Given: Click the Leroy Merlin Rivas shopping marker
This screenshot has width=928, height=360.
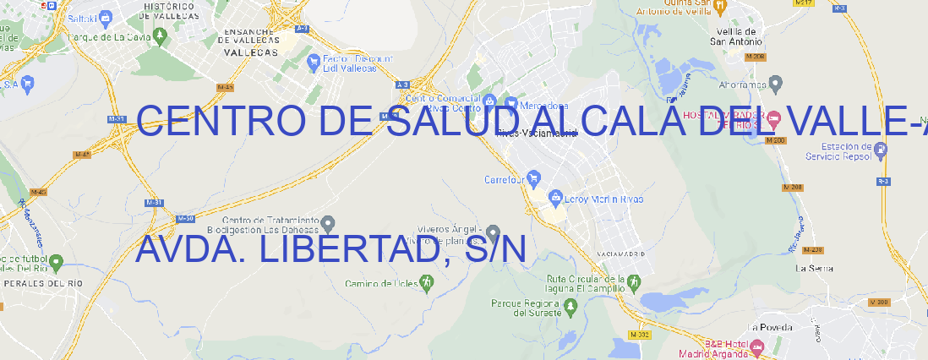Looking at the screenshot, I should (555, 199).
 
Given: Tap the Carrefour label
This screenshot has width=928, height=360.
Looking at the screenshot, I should (505, 179).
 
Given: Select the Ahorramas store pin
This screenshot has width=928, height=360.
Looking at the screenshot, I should (776, 84).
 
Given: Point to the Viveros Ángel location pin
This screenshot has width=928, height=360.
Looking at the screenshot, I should (494, 233).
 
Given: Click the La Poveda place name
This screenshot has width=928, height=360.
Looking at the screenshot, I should (770, 327).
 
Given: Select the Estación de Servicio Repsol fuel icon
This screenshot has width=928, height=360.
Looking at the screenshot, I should (881, 150).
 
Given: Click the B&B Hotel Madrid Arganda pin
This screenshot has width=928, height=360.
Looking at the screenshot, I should (757, 346).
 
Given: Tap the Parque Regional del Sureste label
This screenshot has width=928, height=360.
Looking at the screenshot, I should (527, 308).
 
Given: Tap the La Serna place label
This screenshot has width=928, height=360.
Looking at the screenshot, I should (815, 268).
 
